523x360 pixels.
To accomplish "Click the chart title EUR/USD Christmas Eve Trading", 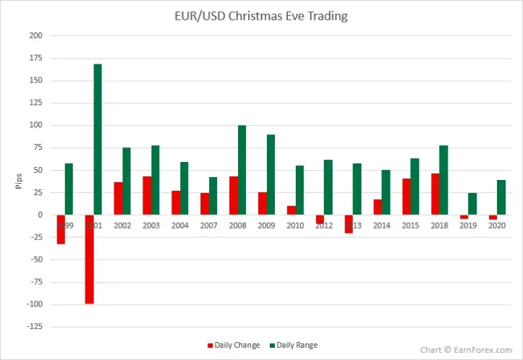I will point(261,16).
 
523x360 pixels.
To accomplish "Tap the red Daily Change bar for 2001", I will point(89,259).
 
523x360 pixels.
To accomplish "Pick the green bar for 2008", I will point(242,170).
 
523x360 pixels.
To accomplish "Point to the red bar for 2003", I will point(147,195).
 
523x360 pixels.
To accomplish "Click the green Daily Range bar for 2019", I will point(472,204).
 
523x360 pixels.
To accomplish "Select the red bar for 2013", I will point(349,223).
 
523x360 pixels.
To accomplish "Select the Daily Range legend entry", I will point(293,345).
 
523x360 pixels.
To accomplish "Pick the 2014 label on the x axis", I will point(381,226).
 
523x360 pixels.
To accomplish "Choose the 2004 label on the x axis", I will point(180,226).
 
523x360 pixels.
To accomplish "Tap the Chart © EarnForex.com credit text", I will point(466,350).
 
